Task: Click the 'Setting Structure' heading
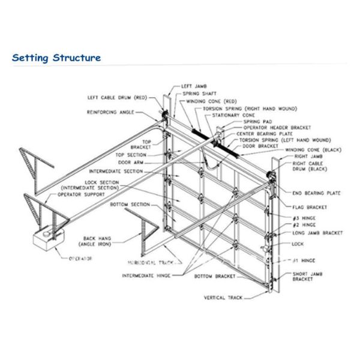(x=56, y=58)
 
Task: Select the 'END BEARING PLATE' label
(x=316, y=193)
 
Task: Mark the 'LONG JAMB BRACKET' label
(x=317, y=233)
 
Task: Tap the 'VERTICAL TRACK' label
(x=223, y=297)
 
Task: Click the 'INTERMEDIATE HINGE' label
(x=146, y=276)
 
